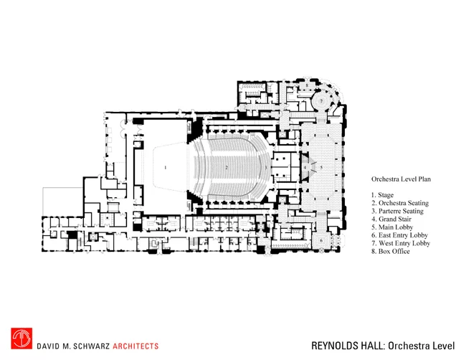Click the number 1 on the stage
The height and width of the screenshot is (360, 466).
click(x=165, y=168)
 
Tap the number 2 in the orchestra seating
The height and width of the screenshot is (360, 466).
click(x=227, y=168)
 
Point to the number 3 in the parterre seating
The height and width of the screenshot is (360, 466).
click(x=266, y=168)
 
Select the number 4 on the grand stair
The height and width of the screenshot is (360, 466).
click(x=305, y=168)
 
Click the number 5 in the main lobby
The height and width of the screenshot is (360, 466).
click(x=321, y=168)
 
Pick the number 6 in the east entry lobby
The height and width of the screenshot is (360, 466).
click(x=321, y=240)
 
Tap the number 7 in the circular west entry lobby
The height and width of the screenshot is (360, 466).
click(x=321, y=101)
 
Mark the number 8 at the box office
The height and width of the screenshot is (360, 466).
click(x=307, y=85)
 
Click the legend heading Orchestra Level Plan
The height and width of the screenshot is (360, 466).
click(x=401, y=179)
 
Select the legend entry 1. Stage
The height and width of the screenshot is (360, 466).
click(x=382, y=195)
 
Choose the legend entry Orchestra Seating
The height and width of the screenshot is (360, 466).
click(x=404, y=203)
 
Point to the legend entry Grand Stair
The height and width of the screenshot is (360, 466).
click(x=395, y=219)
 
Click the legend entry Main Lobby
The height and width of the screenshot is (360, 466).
click(x=396, y=227)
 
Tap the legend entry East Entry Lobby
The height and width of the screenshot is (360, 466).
click(x=403, y=235)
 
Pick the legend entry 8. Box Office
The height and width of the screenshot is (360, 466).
click(x=391, y=252)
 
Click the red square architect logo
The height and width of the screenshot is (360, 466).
click(x=22, y=338)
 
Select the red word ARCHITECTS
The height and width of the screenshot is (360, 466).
click(x=135, y=346)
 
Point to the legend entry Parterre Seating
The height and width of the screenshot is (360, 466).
click(x=401, y=211)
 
